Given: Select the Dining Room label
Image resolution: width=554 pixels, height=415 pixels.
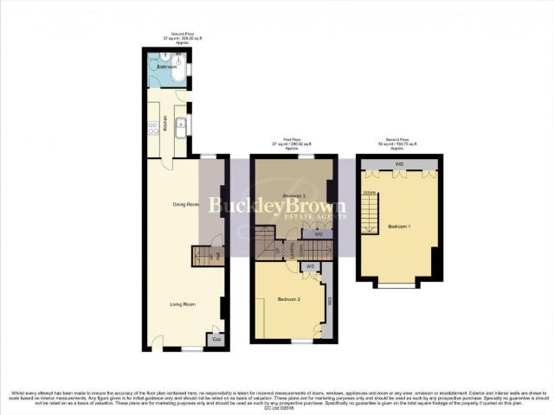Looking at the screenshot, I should pos(185,204).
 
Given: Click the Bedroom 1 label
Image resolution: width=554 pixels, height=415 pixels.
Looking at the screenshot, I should pos(399,226).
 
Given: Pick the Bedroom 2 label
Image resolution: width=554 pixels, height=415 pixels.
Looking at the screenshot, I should pos(288,299).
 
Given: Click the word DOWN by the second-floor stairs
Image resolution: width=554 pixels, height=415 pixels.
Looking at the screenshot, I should pos(369,193).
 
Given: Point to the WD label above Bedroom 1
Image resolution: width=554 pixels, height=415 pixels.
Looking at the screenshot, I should pos(399,163).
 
